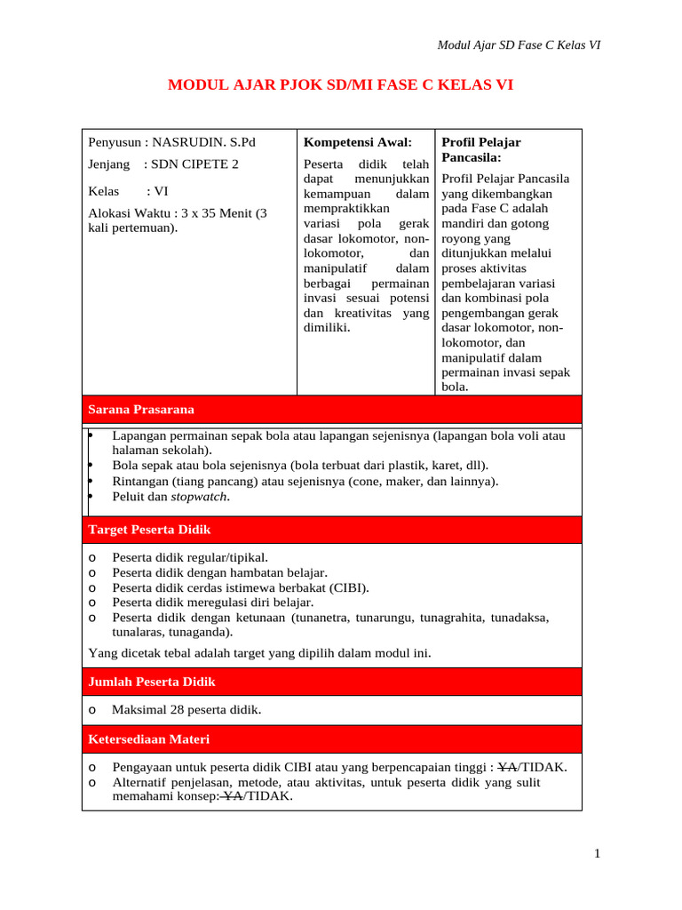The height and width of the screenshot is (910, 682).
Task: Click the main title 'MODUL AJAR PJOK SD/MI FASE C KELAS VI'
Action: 341,85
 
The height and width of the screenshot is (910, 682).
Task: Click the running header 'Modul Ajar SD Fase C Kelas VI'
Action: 519,45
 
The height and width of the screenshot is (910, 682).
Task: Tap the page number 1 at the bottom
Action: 598,854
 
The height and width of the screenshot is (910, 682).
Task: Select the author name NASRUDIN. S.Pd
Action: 203,142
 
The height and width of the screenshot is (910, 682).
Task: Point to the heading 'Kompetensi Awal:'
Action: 358,142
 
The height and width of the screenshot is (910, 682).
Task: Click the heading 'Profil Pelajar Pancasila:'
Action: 481,149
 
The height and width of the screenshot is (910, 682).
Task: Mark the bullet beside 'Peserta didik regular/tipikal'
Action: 92,557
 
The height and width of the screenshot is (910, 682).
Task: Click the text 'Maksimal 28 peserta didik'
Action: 186,710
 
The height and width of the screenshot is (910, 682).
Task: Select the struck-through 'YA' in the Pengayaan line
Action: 507,768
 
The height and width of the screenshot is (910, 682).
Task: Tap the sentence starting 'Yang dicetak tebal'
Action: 260,653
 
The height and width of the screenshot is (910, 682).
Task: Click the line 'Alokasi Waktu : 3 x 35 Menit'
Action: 177,212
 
